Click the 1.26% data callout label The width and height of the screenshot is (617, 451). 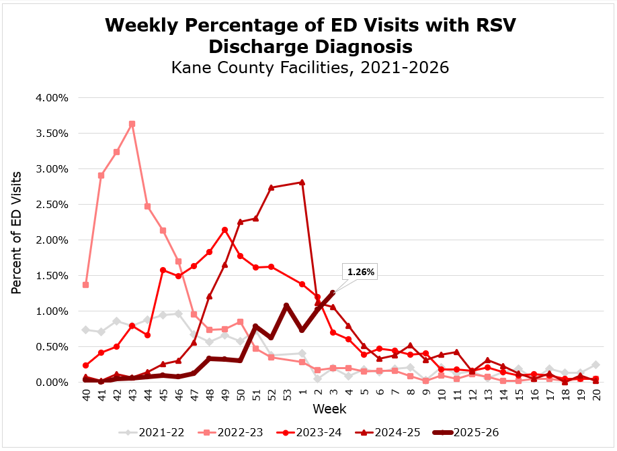tap(360, 272)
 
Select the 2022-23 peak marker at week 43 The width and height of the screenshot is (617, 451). tap(132, 124)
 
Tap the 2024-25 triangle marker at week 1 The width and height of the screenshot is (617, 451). tap(302, 182)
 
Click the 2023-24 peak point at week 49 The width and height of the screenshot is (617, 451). tap(224, 230)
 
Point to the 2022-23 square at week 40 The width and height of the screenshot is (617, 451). tap(85, 285)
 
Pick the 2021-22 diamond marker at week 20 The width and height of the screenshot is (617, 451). tap(595, 365)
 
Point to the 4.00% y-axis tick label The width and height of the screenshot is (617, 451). tap(52, 98)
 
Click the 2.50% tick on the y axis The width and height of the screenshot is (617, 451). tap(52, 205)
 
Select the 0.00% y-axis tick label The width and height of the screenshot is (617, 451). tap(52, 383)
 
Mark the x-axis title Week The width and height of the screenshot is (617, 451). tap(325, 409)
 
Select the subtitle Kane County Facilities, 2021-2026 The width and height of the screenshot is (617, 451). tap(310, 68)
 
